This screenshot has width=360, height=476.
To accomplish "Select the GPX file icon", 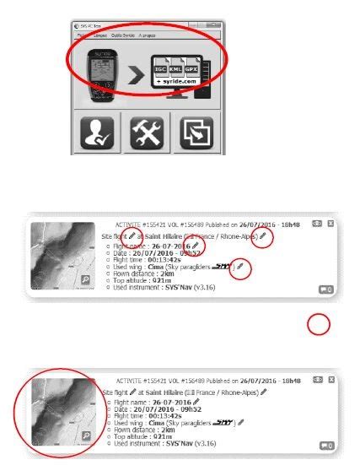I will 203,64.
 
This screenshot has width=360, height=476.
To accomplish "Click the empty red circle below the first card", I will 318,325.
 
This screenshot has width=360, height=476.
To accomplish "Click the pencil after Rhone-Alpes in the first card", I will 262,237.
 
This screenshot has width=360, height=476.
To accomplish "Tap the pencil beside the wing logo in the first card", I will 241,267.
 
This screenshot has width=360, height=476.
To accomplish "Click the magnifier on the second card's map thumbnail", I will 86,435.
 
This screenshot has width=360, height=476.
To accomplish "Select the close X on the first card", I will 330,224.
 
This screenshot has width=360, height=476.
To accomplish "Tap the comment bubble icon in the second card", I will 325,446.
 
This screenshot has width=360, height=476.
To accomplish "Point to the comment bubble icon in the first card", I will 325,289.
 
